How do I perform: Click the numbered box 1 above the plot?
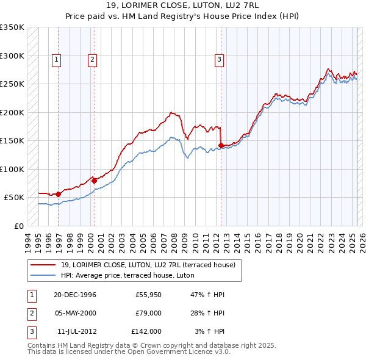tap(56, 60)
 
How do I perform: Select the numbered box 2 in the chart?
tap(91, 60)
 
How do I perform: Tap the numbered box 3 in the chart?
tap(218, 60)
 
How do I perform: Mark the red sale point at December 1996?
tap(59, 194)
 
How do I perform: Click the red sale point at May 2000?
tap(94, 181)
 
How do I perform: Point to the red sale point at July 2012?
tap(221, 145)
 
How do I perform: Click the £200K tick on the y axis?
tap(12, 113)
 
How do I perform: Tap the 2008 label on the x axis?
tap(175, 240)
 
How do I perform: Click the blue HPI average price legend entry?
tap(127, 276)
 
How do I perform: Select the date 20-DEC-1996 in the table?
tap(75, 295)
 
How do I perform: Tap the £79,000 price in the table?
tap(148, 314)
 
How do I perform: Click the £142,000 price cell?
tap(146, 332)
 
